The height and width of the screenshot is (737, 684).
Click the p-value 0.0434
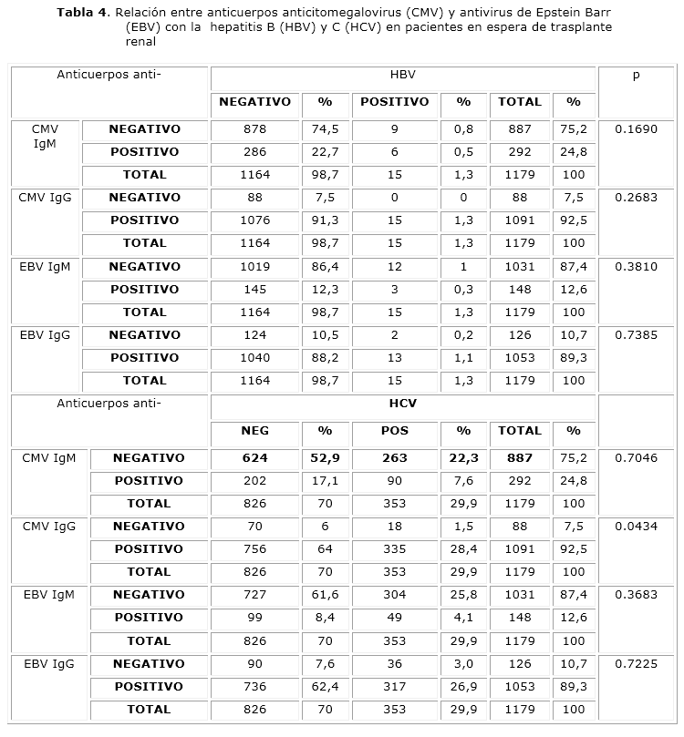[636, 527]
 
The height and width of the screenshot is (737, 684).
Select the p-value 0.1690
[636, 129]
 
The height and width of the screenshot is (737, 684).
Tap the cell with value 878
[255, 129]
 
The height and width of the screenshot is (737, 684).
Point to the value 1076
[255, 220]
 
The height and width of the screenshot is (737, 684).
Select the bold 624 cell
[255, 458]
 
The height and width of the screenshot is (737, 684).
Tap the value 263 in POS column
[394, 458]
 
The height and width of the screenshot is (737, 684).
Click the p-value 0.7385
[636, 335]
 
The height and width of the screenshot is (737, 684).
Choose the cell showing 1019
[255, 267]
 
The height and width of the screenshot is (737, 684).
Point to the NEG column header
[255, 431]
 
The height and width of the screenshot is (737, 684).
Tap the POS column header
[394, 431]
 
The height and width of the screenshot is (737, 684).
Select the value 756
[255, 549]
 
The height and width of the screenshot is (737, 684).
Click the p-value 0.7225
[636, 664]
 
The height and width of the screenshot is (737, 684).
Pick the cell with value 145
[255, 290]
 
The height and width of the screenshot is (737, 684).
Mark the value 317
[394, 687]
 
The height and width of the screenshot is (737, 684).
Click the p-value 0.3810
[636, 267]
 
